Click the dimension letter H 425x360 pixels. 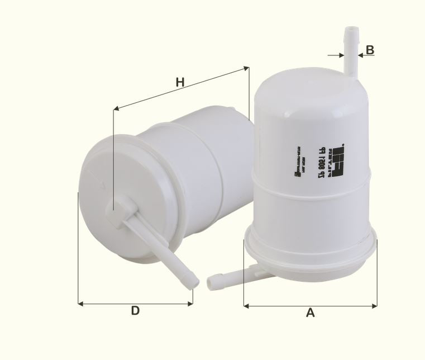point(180,83)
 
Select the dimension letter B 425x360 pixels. point(370,49)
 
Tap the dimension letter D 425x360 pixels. point(135,311)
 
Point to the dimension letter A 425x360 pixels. point(311,313)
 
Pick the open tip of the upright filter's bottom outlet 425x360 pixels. point(212,282)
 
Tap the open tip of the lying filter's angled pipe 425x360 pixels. point(193,282)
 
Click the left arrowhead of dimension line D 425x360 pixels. point(80,304)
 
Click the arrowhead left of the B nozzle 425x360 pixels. point(342,55)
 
